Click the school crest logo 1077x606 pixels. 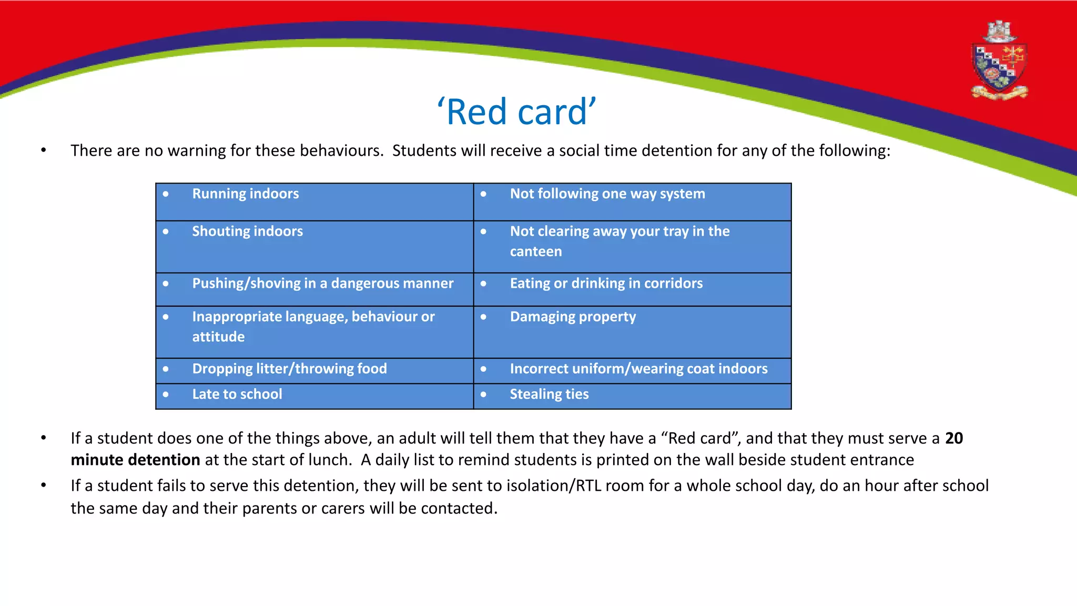[x=999, y=62]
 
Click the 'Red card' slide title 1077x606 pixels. [x=517, y=112]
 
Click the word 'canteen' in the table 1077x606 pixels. [x=535, y=252]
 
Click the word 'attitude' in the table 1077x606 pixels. [x=218, y=337]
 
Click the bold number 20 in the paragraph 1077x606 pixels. [x=953, y=438]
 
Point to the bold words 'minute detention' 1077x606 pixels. [x=135, y=460]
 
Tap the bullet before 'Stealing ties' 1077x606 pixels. [x=483, y=395]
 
